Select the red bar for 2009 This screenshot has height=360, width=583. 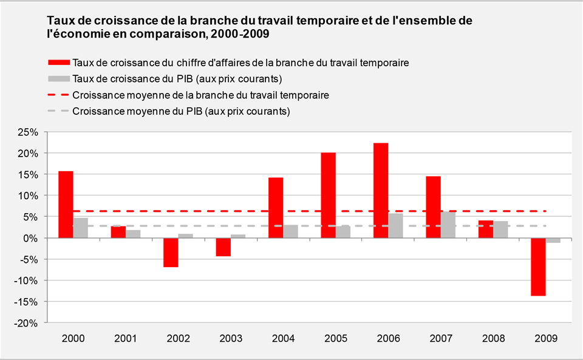click(x=538, y=267)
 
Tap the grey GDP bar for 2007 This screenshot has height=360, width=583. click(x=448, y=225)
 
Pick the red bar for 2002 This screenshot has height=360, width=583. click(x=171, y=253)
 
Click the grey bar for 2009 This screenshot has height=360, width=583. click(x=553, y=240)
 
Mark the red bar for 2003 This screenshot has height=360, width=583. click(x=223, y=247)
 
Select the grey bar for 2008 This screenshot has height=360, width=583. click(x=500, y=229)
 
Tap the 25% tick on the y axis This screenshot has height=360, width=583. click(x=29, y=132)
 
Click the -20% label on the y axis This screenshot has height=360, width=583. click(x=27, y=323)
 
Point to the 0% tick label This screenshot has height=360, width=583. click(x=32, y=238)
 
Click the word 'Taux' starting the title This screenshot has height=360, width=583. click(x=60, y=21)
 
